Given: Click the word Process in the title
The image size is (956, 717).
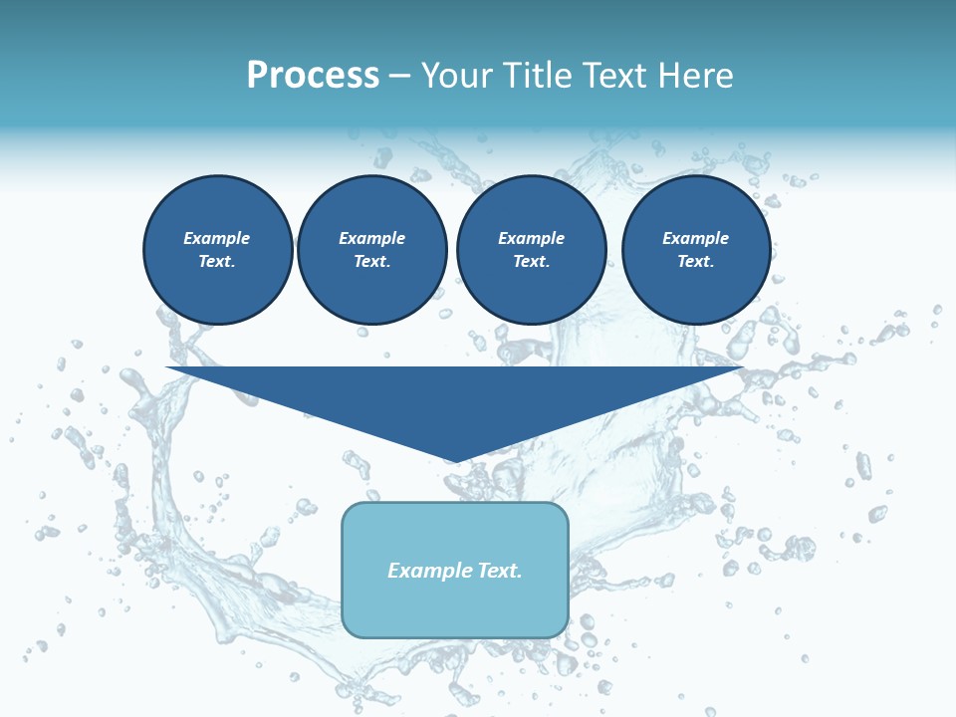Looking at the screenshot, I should pos(313,76).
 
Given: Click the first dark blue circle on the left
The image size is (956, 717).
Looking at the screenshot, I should pos(218,250).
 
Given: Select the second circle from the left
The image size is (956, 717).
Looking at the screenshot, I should pos(372,250).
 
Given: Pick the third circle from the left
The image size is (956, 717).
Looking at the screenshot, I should pos(531,250).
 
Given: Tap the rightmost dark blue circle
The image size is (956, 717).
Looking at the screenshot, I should pos(696,250).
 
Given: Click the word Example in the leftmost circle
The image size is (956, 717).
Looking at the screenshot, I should pos(216,238).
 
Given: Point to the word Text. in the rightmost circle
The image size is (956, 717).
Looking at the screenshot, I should pos(695,262).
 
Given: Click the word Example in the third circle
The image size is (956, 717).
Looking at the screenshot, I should pos(531,238).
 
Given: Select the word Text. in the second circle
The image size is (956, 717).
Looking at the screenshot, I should pos(371,262).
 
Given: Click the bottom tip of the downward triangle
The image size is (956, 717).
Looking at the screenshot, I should pos(455,460).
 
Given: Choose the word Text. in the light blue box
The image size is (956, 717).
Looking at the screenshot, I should pos(501,571).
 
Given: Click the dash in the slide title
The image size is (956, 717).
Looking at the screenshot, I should pos(399,77).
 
